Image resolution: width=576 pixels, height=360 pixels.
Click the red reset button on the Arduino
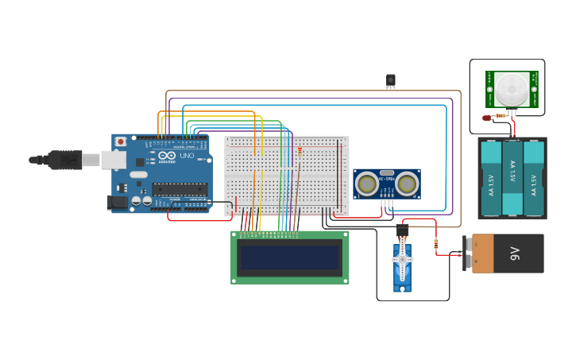pyautogui.click(x=120, y=141)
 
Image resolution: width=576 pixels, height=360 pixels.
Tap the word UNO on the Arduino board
pyautogui.click(x=187, y=156)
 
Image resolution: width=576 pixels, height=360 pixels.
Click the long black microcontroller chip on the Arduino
pyautogui.click(x=180, y=189)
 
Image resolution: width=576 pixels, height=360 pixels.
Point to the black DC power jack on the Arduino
pyautogui.click(x=118, y=203)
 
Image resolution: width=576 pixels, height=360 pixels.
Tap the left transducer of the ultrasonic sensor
pyautogui.click(x=367, y=184)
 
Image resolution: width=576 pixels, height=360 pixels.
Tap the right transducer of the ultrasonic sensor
pyautogui.click(x=407, y=184)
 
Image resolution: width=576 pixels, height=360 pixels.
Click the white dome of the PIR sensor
pyautogui.click(x=512, y=87)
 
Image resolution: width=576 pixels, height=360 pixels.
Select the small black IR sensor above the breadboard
pyautogui.click(x=390, y=80)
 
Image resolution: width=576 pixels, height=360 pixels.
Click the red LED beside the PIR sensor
pyautogui.click(x=486, y=118)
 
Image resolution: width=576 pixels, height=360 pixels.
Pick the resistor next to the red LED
pyautogui.click(x=501, y=115)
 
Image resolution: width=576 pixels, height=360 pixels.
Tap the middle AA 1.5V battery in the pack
pyautogui.click(x=512, y=180)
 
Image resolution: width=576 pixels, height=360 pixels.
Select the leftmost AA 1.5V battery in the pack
pyautogui.click(x=492, y=180)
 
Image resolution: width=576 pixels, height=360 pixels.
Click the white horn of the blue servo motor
pyautogui.click(x=402, y=260)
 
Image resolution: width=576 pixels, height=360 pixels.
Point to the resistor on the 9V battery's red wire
pyautogui.click(x=436, y=244)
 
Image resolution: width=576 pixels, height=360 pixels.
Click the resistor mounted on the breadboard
pyautogui.click(x=300, y=151)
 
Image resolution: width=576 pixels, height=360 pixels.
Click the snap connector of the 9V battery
pyautogui.click(x=468, y=254)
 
